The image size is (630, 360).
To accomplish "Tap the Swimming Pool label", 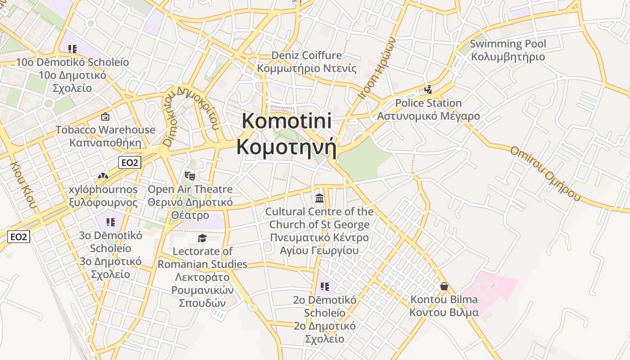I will coord(508,44).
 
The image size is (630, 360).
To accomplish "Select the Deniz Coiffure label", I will coord(306,55).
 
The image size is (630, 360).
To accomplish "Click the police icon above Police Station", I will coord(428,90).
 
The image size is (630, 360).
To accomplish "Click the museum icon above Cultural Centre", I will coord(319,198).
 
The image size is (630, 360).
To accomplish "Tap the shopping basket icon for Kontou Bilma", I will coord(444,286).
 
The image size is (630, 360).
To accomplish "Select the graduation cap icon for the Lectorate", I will coord(202,238).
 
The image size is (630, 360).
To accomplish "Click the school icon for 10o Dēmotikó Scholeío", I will coord(72,49).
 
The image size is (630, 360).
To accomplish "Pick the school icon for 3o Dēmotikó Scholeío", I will coord(111,222).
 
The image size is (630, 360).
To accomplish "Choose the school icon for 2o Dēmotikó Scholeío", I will coord(325,287).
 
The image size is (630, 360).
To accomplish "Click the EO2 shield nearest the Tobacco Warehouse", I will coord(130,162).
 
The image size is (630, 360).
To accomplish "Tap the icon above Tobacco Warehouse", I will coord(105,117).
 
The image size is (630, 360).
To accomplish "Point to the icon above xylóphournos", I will coord(103,176).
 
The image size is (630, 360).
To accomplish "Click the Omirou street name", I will coord(544,173).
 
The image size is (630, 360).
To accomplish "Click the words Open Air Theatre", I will coord(190,189).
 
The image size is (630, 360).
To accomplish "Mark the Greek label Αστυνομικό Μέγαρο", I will coord(428,116).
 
